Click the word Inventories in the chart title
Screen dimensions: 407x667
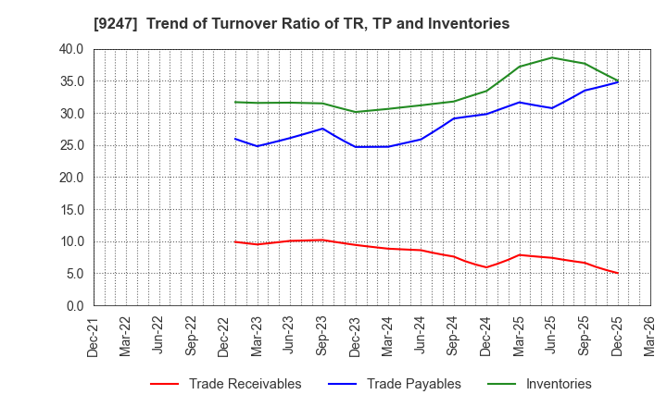point(470,24)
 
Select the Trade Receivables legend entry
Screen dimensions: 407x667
point(245,384)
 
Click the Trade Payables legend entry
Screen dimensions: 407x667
point(413,384)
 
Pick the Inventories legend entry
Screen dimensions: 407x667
point(558,384)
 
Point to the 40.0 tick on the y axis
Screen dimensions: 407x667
point(70,50)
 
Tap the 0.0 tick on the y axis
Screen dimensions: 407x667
point(74,306)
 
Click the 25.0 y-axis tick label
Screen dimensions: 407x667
point(70,146)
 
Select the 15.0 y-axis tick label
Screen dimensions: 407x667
point(70,210)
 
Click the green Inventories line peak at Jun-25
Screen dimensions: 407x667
point(552,57)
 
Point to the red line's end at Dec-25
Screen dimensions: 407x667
point(618,273)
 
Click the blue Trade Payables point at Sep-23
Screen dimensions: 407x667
point(321,129)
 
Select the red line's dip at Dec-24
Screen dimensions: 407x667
point(486,267)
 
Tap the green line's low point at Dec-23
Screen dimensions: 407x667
point(355,112)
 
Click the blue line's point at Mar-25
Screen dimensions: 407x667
point(519,102)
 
